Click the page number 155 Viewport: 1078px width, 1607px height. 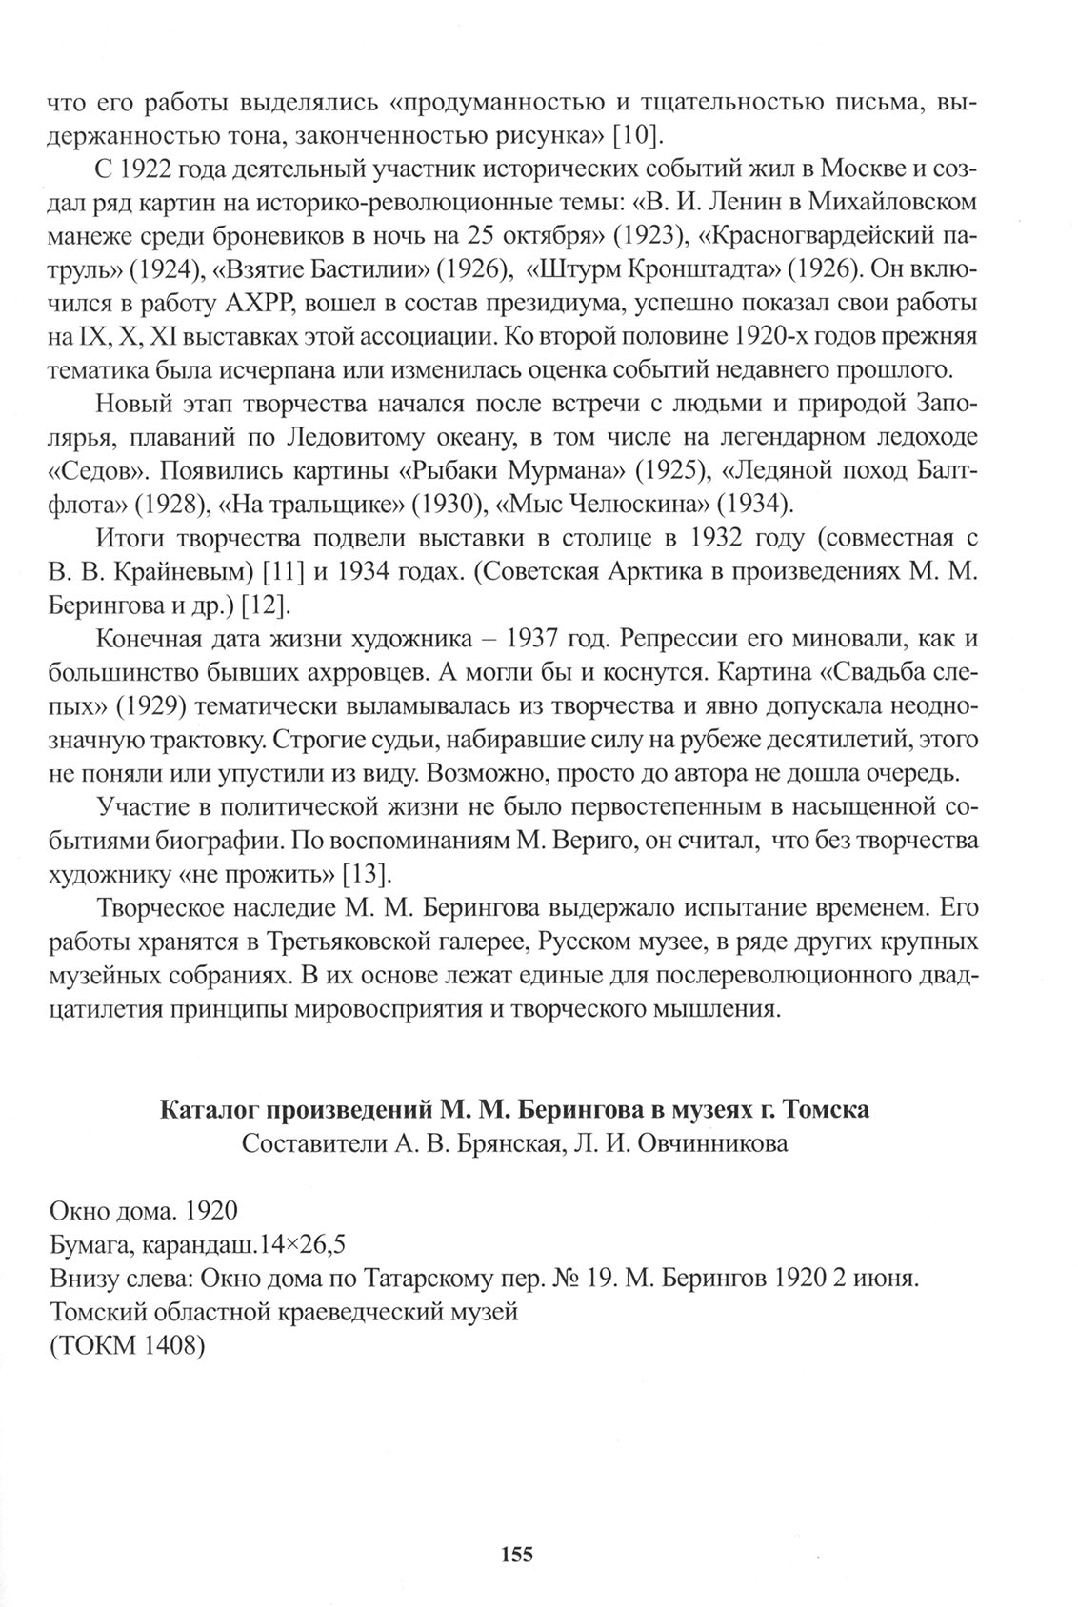point(515,1555)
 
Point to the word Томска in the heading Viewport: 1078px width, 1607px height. point(830,1109)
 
